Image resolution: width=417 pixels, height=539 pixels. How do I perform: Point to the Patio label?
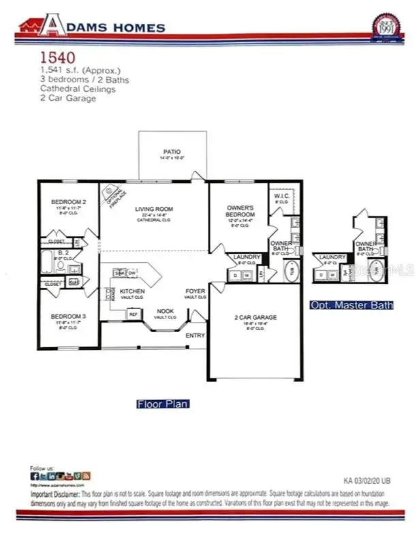[171, 152]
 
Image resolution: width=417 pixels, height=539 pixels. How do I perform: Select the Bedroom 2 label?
[68, 202]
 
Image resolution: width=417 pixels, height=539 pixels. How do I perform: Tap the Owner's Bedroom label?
[240, 210]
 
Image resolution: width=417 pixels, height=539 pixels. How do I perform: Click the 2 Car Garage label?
[256, 317]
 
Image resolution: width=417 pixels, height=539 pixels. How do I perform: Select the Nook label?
[165, 310]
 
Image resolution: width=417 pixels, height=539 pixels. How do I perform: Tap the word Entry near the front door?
[195, 335]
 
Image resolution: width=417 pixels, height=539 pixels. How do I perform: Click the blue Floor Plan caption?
[162, 404]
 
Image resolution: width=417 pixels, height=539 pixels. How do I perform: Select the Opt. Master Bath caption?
[351, 305]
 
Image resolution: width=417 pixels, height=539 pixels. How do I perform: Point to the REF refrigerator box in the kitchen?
[134, 314]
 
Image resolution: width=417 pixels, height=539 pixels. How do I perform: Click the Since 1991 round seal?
[386, 28]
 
